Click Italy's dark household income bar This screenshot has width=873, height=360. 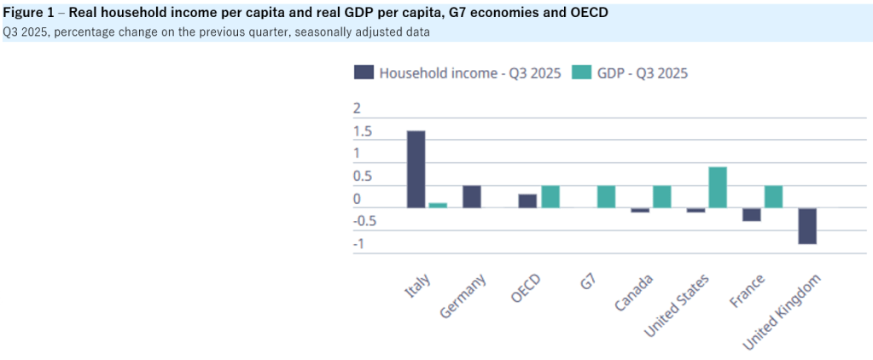click(416, 169)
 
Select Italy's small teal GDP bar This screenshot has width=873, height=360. click(438, 205)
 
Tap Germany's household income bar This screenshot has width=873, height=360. click(472, 196)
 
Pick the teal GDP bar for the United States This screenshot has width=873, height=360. click(718, 187)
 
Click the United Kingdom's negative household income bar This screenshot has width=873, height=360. click(807, 226)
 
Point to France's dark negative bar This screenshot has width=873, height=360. click(751, 214)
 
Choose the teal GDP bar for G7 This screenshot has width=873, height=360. click(606, 196)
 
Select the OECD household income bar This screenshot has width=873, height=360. click(528, 200)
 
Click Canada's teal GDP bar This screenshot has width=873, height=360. click(662, 196)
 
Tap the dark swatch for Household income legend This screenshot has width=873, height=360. click(363, 73)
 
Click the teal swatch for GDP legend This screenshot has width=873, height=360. click(581, 73)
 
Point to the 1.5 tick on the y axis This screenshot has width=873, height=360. click(362, 132)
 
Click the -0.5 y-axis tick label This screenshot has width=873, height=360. click(364, 222)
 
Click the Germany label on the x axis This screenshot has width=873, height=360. click(463, 296)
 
